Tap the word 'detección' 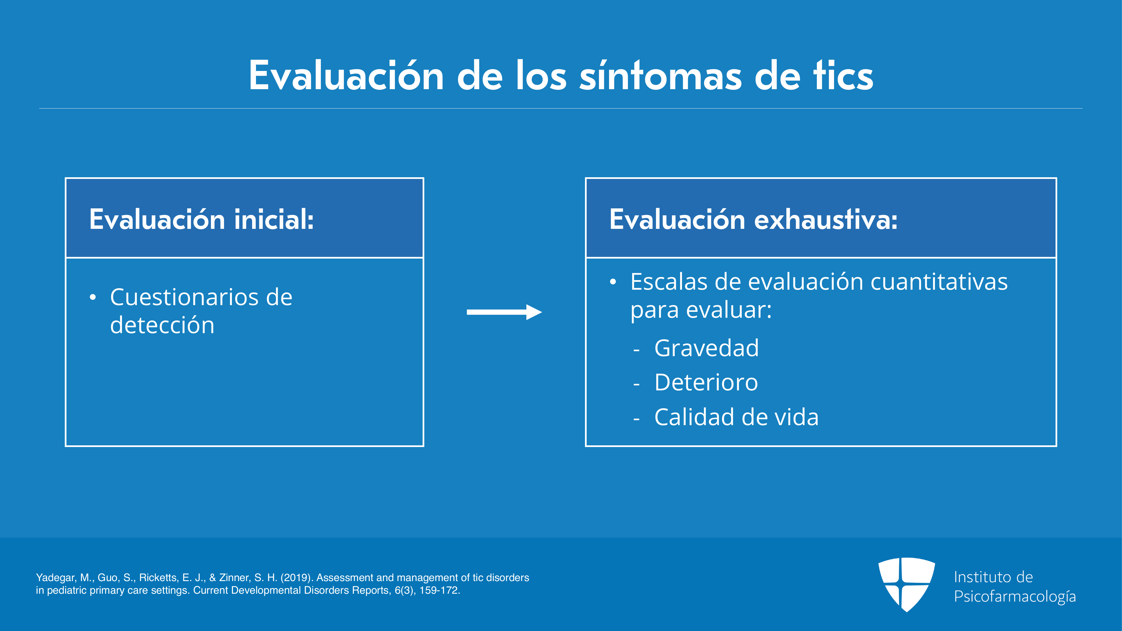162,325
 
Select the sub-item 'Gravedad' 706,348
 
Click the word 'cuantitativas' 939,282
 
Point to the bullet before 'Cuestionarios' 92,298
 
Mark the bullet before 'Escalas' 613,282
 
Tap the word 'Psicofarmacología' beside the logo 1015,596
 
